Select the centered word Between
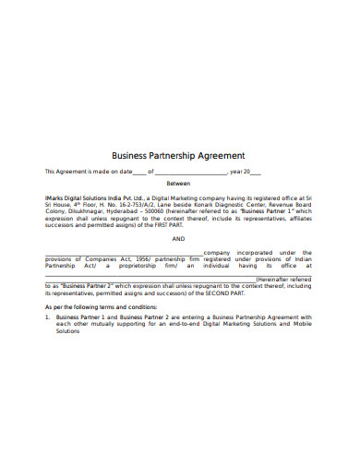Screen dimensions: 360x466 178,184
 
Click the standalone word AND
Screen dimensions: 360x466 179,238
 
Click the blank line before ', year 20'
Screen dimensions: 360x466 190,173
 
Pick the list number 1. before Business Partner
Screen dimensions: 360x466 48,317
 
